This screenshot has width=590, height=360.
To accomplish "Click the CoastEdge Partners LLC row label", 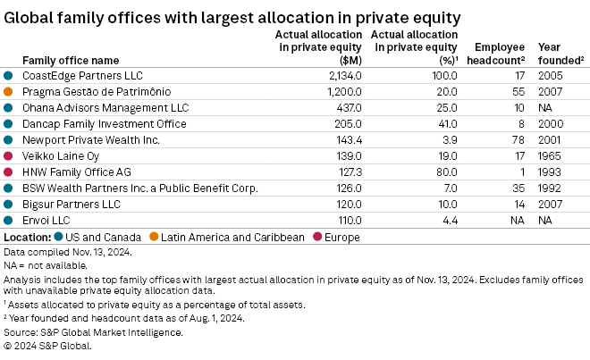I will [82, 76].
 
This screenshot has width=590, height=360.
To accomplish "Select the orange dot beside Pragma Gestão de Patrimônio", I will [8, 91].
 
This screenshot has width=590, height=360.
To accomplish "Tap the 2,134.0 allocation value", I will [341, 76].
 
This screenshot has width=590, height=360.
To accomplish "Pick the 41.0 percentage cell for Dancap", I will [443, 123].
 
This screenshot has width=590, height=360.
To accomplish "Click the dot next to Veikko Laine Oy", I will [8, 155].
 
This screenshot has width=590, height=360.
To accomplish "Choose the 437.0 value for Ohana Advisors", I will [344, 107].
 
